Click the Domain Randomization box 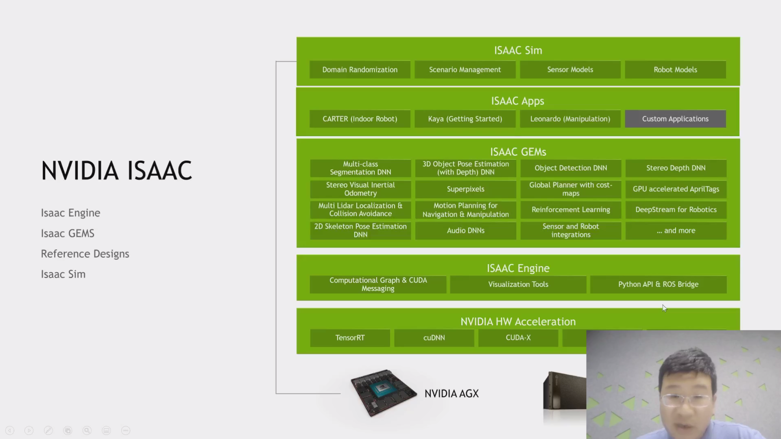pyautogui.click(x=360, y=70)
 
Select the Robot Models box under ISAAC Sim pyautogui.click(x=675, y=70)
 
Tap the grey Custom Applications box pyautogui.click(x=675, y=119)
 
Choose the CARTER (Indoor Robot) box pyautogui.click(x=360, y=119)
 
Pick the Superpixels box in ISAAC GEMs pyautogui.click(x=466, y=189)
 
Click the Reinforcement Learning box pyautogui.click(x=571, y=210)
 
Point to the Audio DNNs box pyautogui.click(x=466, y=230)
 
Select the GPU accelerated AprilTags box pyautogui.click(x=676, y=189)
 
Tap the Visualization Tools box pyautogui.click(x=518, y=285)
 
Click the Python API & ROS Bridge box pyautogui.click(x=658, y=285)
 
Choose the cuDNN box pyautogui.click(x=434, y=338)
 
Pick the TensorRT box pyautogui.click(x=350, y=338)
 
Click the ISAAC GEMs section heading pyautogui.click(x=518, y=152)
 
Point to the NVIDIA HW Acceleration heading pyautogui.click(x=518, y=322)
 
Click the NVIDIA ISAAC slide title pyautogui.click(x=116, y=170)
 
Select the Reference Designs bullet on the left pyautogui.click(x=85, y=254)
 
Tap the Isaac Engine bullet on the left pyautogui.click(x=70, y=213)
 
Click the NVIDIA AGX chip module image pyautogui.click(x=383, y=392)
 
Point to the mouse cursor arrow pyautogui.click(x=664, y=308)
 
